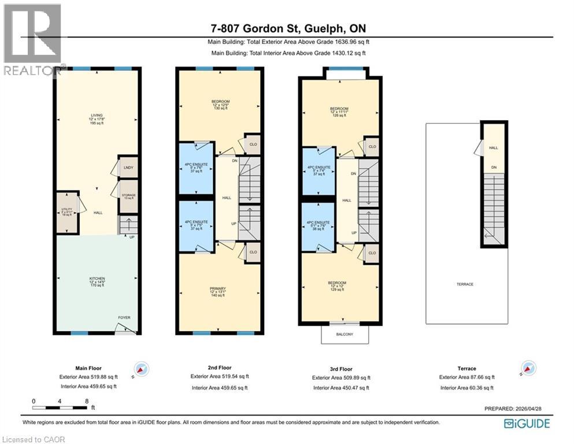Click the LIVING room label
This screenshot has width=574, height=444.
point(97,115)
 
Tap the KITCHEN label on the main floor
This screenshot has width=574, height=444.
point(97,279)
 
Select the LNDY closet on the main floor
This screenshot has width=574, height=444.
point(128,168)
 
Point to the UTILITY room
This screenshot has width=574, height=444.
point(66,212)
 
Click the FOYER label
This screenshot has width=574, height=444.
point(124,317)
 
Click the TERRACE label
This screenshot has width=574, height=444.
point(465,284)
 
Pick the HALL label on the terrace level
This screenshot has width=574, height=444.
point(493,147)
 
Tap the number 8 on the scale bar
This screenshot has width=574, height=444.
point(86,401)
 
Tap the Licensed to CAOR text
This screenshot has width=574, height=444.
point(33,439)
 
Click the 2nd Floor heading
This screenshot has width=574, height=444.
point(220,368)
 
